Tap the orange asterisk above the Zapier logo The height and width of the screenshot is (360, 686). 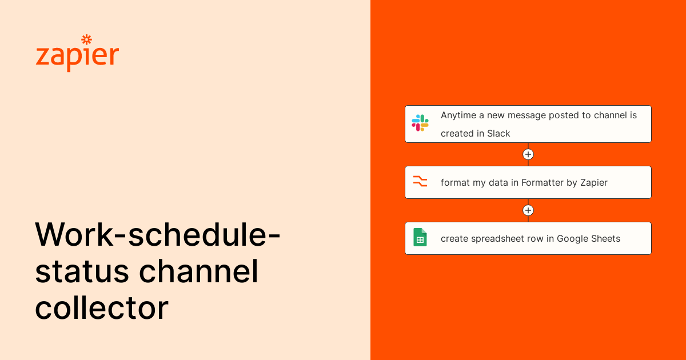(x=86, y=39)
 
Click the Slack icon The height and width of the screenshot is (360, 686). (x=420, y=123)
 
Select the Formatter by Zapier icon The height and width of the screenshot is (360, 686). (x=420, y=182)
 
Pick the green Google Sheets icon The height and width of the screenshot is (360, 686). (x=420, y=237)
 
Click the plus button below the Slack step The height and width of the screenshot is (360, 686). (x=528, y=154)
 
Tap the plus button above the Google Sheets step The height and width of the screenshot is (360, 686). (x=528, y=210)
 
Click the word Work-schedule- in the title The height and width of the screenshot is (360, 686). (x=158, y=235)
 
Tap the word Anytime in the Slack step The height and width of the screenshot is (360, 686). (x=458, y=115)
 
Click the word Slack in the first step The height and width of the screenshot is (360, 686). (x=498, y=134)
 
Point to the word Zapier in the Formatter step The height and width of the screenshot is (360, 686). (x=594, y=183)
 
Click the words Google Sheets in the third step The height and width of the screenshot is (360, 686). (x=588, y=239)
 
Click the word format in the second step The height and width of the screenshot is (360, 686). (x=454, y=183)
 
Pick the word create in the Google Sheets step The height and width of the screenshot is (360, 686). (x=454, y=239)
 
